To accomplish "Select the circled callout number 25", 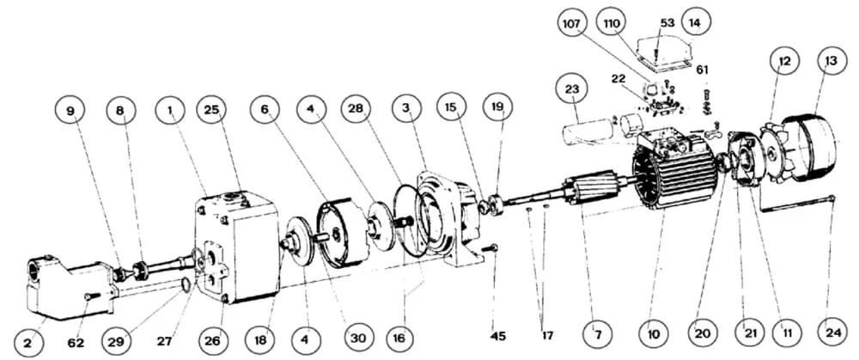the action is [x=212, y=109].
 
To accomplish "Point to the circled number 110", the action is [x=612, y=25].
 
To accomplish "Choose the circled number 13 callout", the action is [x=832, y=61].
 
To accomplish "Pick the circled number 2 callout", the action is [x=28, y=340].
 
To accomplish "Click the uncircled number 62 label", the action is [x=76, y=343].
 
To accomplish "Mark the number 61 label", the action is [x=702, y=70].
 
